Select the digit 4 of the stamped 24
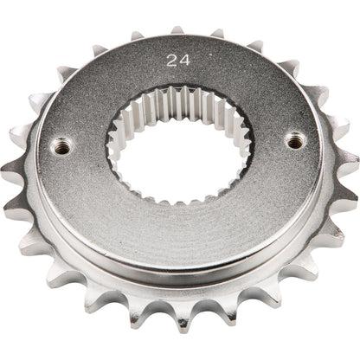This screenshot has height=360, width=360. pos(185,61)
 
